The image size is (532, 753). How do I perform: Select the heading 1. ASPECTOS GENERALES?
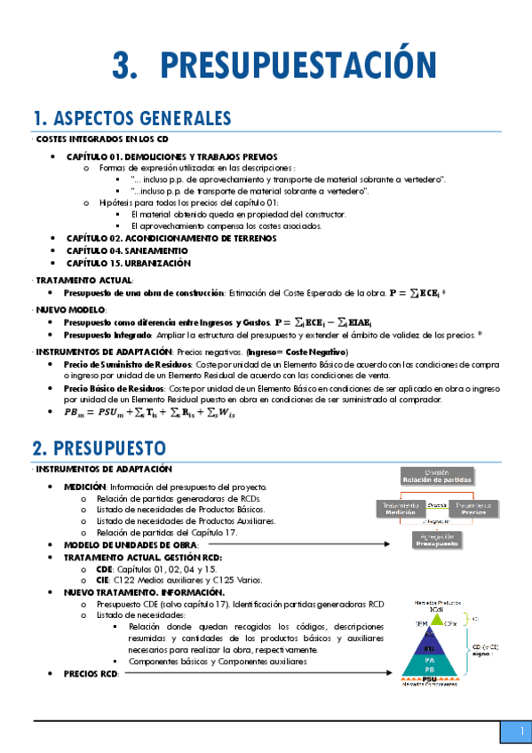click(132, 119)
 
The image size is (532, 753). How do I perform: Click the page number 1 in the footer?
click(513, 731)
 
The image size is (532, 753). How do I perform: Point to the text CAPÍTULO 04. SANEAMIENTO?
click(127, 250)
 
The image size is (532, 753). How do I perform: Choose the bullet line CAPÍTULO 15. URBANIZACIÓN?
click(129, 263)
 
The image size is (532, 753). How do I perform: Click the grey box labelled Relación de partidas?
click(437, 477)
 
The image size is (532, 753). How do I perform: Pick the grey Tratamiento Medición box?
click(401, 508)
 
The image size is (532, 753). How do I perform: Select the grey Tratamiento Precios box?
click(473, 508)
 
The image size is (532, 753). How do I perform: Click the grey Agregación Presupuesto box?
click(437, 541)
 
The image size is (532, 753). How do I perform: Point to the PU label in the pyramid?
click(430, 648)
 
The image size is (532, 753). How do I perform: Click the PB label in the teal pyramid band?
click(430, 670)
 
